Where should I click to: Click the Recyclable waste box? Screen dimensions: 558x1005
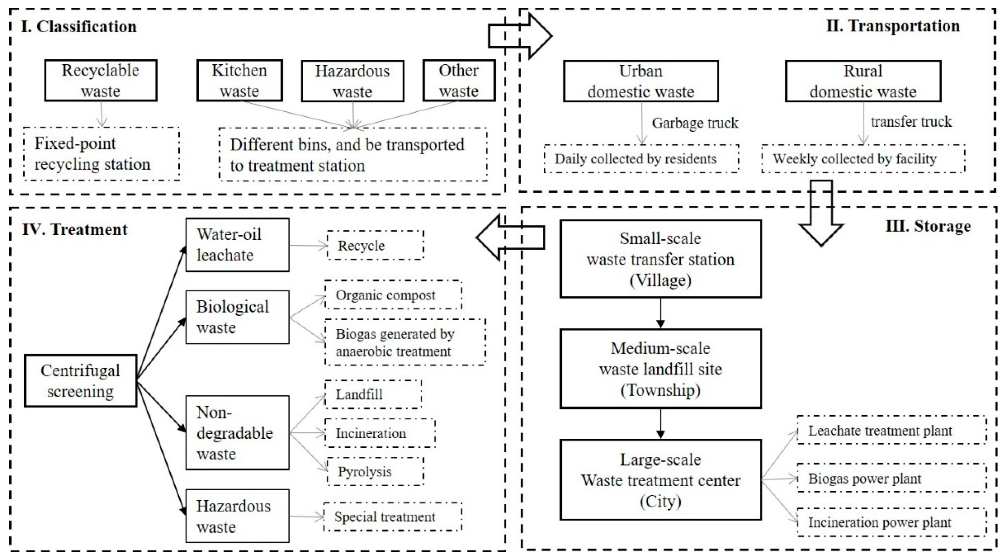click(101, 80)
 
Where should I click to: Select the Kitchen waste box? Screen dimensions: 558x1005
click(239, 80)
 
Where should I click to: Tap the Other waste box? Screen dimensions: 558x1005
click(459, 80)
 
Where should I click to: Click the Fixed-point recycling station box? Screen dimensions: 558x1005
click(102, 154)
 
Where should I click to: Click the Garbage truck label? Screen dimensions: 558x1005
click(695, 123)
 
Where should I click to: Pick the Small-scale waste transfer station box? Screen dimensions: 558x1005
click(661, 259)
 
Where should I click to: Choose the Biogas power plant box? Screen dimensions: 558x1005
click(891, 479)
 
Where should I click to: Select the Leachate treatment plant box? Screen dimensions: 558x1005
click(891, 431)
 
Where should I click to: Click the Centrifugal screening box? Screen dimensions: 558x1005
click(80, 381)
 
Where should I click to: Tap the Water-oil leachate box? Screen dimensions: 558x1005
click(237, 245)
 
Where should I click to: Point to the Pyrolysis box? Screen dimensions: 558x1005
click(375, 471)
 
